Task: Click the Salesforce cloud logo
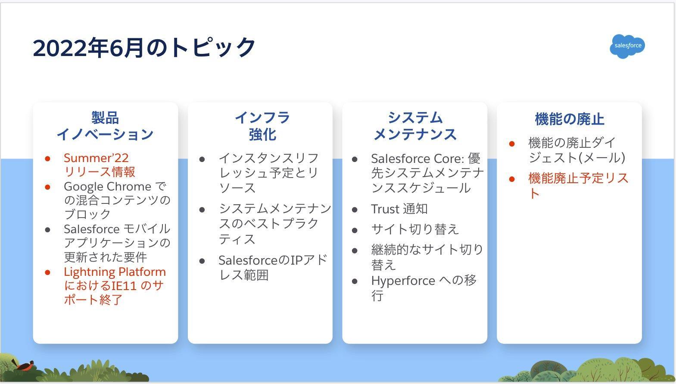click(x=627, y=46)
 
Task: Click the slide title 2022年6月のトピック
click(x=144, y=47)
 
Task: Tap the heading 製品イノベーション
click(x=105, y=126)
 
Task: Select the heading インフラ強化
click(x=262, y=126)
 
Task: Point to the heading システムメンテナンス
click(x=415, y=126)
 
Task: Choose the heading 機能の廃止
click(x=570, y=119)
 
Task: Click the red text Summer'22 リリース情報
click(x=99, y=165)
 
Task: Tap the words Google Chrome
click(x=107, y=187)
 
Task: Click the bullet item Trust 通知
click(x=399, y=209)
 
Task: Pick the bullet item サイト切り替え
click(x=415, y=229)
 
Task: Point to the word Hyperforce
click(x=403, y=281)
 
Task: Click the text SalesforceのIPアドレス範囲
click(x=273, y=268)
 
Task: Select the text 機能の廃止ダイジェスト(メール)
click(x=577, y=150)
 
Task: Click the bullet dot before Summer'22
click(x=48, y=159)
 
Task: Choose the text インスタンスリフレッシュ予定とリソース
click(x=268, y=173)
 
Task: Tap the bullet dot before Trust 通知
click(x=355, y=209)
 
